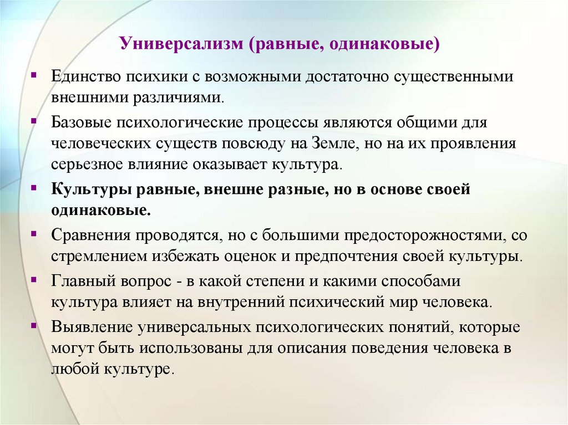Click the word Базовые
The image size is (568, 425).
[x=81, y=121]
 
